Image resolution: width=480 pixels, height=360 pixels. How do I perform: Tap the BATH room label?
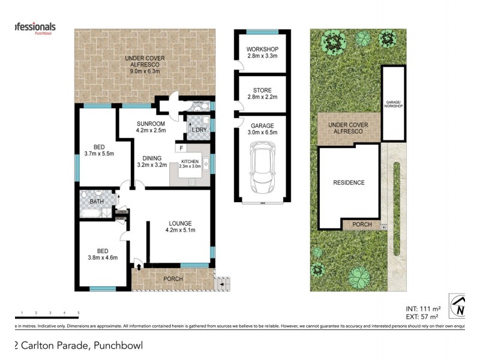97,202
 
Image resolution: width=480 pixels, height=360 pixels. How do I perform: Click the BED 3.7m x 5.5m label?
100,150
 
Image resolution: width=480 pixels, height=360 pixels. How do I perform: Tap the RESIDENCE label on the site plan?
349,182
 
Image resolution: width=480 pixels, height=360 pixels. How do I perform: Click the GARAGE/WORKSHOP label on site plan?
393,106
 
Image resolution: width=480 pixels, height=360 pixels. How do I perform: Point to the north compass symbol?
460,307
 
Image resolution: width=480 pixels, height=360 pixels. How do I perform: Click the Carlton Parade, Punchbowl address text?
78,345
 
